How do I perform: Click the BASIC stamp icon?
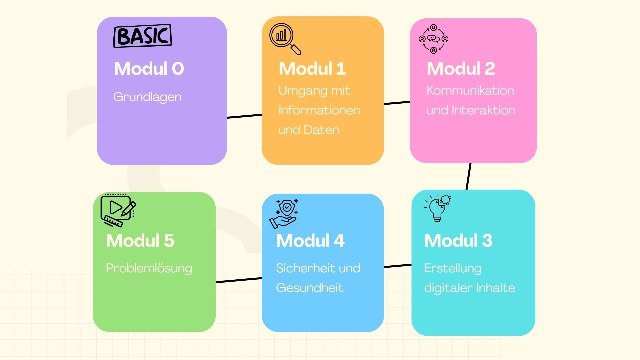point(143,36)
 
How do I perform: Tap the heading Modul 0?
point(149,69)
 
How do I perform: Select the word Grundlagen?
point(147,97)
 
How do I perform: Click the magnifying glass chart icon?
point(285,38)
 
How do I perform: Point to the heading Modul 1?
point(312,69)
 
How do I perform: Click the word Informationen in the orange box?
point(319,110)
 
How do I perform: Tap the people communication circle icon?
point(433,39)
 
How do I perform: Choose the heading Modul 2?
point(461,69)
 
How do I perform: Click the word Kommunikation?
point(470,91)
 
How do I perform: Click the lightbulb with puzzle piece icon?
point(438,208)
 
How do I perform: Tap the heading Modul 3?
point(458,241)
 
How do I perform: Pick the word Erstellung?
point(452,268)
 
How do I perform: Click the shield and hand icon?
point(284,214)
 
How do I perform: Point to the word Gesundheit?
point(309,288)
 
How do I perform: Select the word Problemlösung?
point(149,268)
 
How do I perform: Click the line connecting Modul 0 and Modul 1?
point(244,116)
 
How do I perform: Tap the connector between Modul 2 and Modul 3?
point(468,176)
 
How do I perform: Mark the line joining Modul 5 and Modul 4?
point(239,280)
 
